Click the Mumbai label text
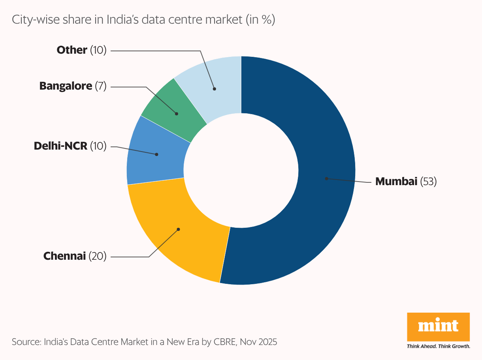(x=396, y=182)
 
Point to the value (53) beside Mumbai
(x=428, y=182)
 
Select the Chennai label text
(x=64, y=256)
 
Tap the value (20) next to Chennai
(x=97, y=256)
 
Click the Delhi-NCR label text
(x=60, y=146)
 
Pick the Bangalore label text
(x=66, y=86)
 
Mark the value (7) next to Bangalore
(x=101, y=86)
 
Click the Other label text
(x=72, y=50)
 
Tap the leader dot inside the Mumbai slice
(x=326, y=178)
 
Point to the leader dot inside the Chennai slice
(x=179, y=229)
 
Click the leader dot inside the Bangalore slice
(x=177, y=113)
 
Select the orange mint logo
(x=438, y=326)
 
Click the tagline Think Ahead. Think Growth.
(x=438, y=346)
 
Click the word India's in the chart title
(x=121, y=20)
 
